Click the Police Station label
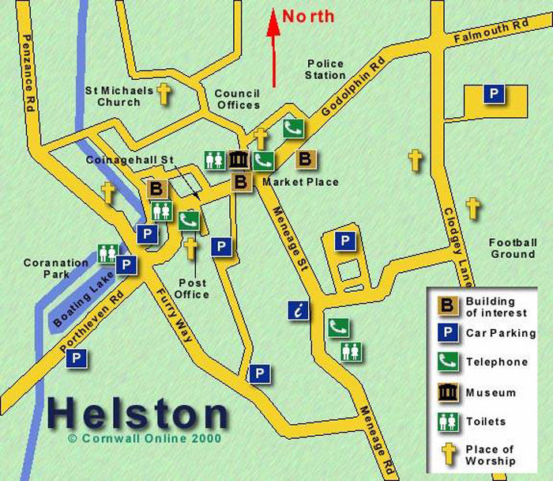[325, 70]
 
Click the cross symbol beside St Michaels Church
[164, 94]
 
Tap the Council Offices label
[237, 99]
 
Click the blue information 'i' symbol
[299, 310]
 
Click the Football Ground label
[512, 248]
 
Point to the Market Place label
[300, 183]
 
